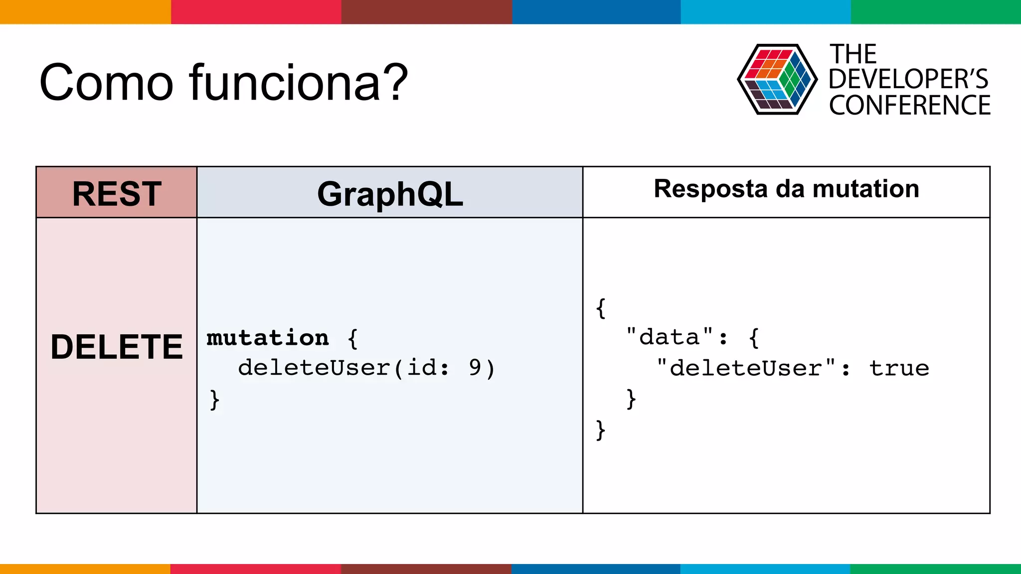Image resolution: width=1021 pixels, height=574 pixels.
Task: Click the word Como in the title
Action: tap(106, 83)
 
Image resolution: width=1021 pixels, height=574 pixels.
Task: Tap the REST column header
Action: tap(117, 193)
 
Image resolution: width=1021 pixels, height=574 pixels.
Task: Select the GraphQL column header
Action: tap(390, 194)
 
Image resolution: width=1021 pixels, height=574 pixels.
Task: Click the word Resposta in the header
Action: tap(711, 189)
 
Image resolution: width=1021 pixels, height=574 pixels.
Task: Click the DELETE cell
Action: tap(117, 347)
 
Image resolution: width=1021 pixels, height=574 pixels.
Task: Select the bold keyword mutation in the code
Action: tap(268, 338)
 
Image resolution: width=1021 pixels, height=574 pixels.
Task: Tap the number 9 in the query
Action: tap(475, 368)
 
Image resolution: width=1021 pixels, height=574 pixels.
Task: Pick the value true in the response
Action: tap(899, 368)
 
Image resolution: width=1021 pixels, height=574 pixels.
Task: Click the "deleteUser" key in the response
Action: tap(746, 368)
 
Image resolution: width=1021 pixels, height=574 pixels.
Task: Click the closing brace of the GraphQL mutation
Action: tap(214, 399)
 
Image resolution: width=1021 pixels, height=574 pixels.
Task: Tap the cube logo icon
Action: tap(777, 80)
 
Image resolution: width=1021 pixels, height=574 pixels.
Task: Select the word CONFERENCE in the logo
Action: tap(910, 106)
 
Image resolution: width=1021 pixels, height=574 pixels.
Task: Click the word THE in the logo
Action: tap(853, 54)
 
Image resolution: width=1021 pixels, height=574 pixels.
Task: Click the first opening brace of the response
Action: tap(601, 308)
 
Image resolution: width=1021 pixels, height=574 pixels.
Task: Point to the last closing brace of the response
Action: tap(601, 430)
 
